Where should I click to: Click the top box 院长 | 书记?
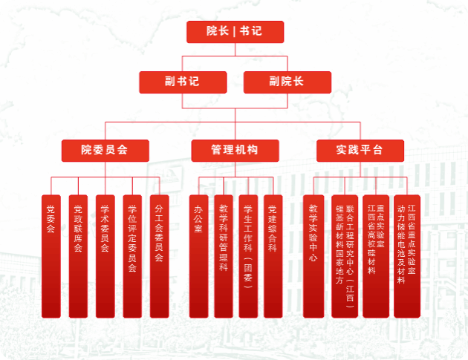pos(234,32)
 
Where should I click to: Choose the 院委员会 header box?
pos(105,150)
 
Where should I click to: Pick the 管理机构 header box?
pos(234,150)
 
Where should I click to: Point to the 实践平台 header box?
pos(360,150)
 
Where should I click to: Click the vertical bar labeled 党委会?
pos(51,256)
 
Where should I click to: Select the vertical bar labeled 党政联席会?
pos(78,256)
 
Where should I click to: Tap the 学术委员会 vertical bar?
pos(105,256)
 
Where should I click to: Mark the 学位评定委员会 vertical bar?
pos(131,256)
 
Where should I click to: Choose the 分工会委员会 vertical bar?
pos(159,256)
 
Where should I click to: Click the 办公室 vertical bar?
pos(198,256)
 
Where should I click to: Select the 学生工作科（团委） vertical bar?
pos(248,256)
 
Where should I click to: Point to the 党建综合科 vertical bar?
pos(273,256)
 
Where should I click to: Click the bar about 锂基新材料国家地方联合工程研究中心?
pos(345,256)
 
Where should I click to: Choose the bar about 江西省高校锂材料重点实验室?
pos(376,256)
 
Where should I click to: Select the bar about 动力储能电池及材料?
pos(406,256)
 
